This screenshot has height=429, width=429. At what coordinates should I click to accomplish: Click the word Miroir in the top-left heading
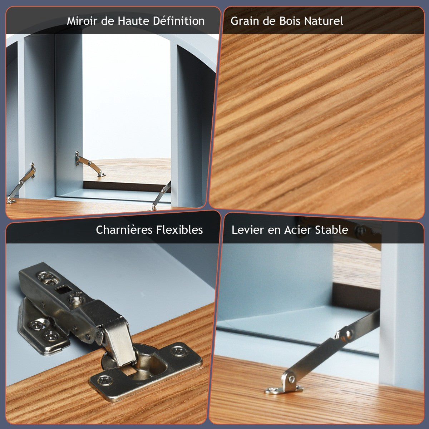pyautogui.click(x=82, y=21)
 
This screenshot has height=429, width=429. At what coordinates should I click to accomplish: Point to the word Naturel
pyautogui.click(x=324, y=21)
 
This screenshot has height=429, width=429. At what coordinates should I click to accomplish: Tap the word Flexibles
pyautogui.click(x=179, y=230)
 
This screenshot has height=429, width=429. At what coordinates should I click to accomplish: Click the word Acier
pyautogui.click(x=297, y=230)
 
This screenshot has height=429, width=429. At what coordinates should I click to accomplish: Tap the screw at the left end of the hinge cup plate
pyautogui.click(x=105, y=380)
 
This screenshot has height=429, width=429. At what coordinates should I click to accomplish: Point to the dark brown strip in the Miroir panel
pyautogui.click(x=127, y=186)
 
